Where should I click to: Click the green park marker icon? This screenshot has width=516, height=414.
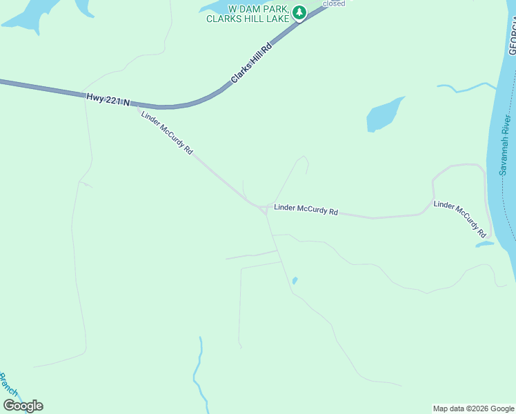pyautogui.click(x=299, y=12)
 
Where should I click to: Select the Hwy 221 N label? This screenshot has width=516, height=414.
pyautogui.click(x=108, y=99)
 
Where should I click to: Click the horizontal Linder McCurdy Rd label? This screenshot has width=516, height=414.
pyautogui.click(x=306, y=209)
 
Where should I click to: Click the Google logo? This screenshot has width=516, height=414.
pyautogui.click(x=23, y=406)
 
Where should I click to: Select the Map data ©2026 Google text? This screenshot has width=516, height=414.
pyautogui.click(x=473, y=408)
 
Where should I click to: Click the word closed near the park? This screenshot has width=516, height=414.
pyautogui.click(x=334, y=3)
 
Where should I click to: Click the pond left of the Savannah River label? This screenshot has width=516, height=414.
pyautogui.click(x=384, y=114)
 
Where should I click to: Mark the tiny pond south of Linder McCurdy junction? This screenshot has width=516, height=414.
pyautogui.click(x=295, y=281)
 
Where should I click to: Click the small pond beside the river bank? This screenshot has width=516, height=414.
pyautogui.click(x=484, y=244)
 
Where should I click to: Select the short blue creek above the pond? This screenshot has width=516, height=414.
pyautogui.click(x=466, y=88)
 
